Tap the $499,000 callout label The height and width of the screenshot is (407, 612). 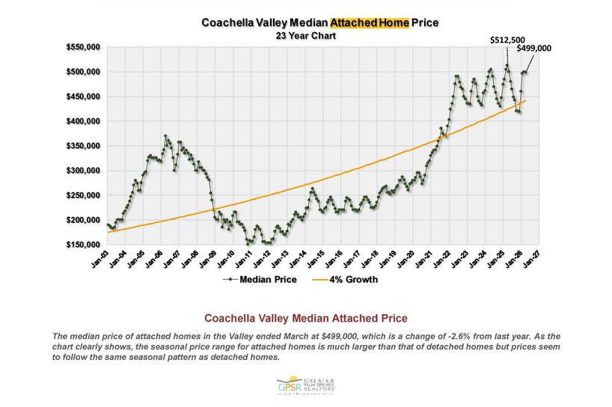pyautogui.click(x=533, y=48)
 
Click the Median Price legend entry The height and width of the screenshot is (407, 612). pyautogui.click(x=263, y=280)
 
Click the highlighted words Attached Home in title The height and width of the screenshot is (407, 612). pyautogui.click(x=372, y=22)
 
